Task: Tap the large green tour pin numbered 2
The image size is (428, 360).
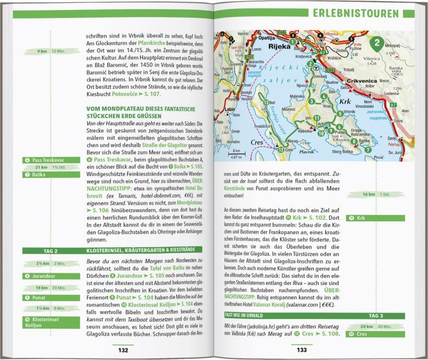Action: click(x=377, y=43)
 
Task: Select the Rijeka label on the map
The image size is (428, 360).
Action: click(x=264, y=48)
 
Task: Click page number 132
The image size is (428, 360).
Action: click(x=123, y=350)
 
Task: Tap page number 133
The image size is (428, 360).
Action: click(x=301, y=350)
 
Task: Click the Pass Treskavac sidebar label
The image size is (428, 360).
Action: click(x=42, y=160)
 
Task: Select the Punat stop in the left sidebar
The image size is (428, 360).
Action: click(x=34, y=298)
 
